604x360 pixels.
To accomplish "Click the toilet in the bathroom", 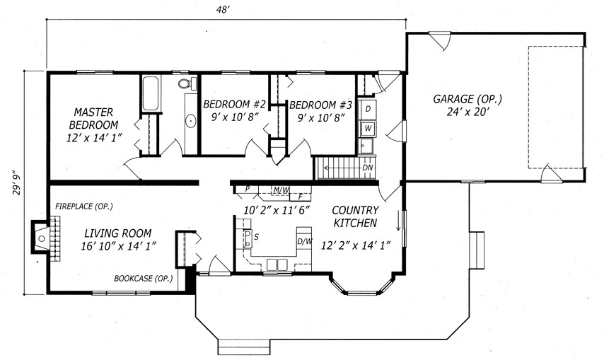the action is [187, 83].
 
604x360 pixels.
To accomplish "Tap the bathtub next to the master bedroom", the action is [150, 93].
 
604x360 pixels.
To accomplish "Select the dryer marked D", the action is [368, 109].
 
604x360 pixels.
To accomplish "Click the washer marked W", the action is [368, 128].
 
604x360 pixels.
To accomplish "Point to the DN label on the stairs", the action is [368, 168].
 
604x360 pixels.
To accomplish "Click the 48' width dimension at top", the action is [223, 10].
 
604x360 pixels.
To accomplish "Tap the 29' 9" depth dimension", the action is [16, 183].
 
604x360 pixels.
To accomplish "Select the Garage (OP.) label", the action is [467, 99].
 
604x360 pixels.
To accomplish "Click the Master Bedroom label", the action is [93, 118].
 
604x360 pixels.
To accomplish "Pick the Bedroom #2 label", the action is [235, 105].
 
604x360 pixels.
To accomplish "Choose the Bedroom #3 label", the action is [320, 105].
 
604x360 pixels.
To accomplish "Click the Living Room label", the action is [118, 233].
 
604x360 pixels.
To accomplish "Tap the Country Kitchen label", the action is [355, 216].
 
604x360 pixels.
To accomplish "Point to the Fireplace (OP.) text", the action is [84, 207].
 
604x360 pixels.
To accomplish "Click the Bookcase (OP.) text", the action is [144, 279].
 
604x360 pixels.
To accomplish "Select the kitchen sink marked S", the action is [248, 238].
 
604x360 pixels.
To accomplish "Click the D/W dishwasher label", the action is [304, 241].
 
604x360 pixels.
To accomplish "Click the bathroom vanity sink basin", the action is [191, 121].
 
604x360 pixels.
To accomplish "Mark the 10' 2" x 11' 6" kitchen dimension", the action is [277, 210].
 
